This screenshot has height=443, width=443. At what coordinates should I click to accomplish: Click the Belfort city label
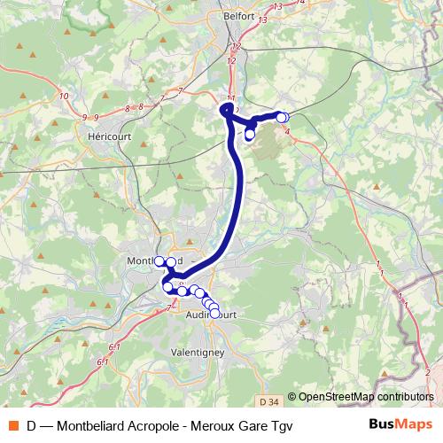point(240,16)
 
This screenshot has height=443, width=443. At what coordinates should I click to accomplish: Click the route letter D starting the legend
point(32,425)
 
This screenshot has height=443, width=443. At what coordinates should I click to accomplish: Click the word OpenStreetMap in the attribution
point(337,397)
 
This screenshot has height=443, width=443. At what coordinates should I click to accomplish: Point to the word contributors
point(405,397)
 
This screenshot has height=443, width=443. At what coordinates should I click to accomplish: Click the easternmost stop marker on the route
point(283,117)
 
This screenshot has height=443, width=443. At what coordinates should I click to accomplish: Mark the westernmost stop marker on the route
point(160,261)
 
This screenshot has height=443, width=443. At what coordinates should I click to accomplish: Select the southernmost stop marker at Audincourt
point(215,314)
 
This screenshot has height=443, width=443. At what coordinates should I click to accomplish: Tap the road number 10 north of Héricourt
point(64,96)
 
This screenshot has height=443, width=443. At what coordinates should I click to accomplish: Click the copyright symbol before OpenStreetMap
point(292,397)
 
